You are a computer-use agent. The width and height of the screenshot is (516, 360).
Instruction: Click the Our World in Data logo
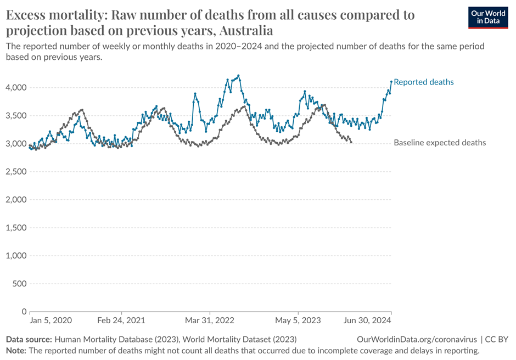(489, 17)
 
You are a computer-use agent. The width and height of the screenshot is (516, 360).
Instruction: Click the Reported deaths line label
(424, 82)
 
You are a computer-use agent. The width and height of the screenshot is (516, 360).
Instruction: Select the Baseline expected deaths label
(440, 143)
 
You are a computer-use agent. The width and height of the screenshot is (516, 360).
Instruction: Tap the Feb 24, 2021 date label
(121, 320)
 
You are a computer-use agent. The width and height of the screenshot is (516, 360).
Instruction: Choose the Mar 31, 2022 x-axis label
(210, 320)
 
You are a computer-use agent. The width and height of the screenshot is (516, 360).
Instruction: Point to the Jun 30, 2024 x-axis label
(368, 320)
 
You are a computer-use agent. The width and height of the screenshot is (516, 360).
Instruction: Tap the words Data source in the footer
(29, 340)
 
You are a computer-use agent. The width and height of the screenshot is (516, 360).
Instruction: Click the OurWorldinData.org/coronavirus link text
(417, 340)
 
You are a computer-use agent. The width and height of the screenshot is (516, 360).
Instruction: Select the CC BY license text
(497, 340)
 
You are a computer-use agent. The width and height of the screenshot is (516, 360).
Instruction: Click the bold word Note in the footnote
(15, 350)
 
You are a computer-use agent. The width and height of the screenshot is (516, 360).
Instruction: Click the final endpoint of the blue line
(391, 82)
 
